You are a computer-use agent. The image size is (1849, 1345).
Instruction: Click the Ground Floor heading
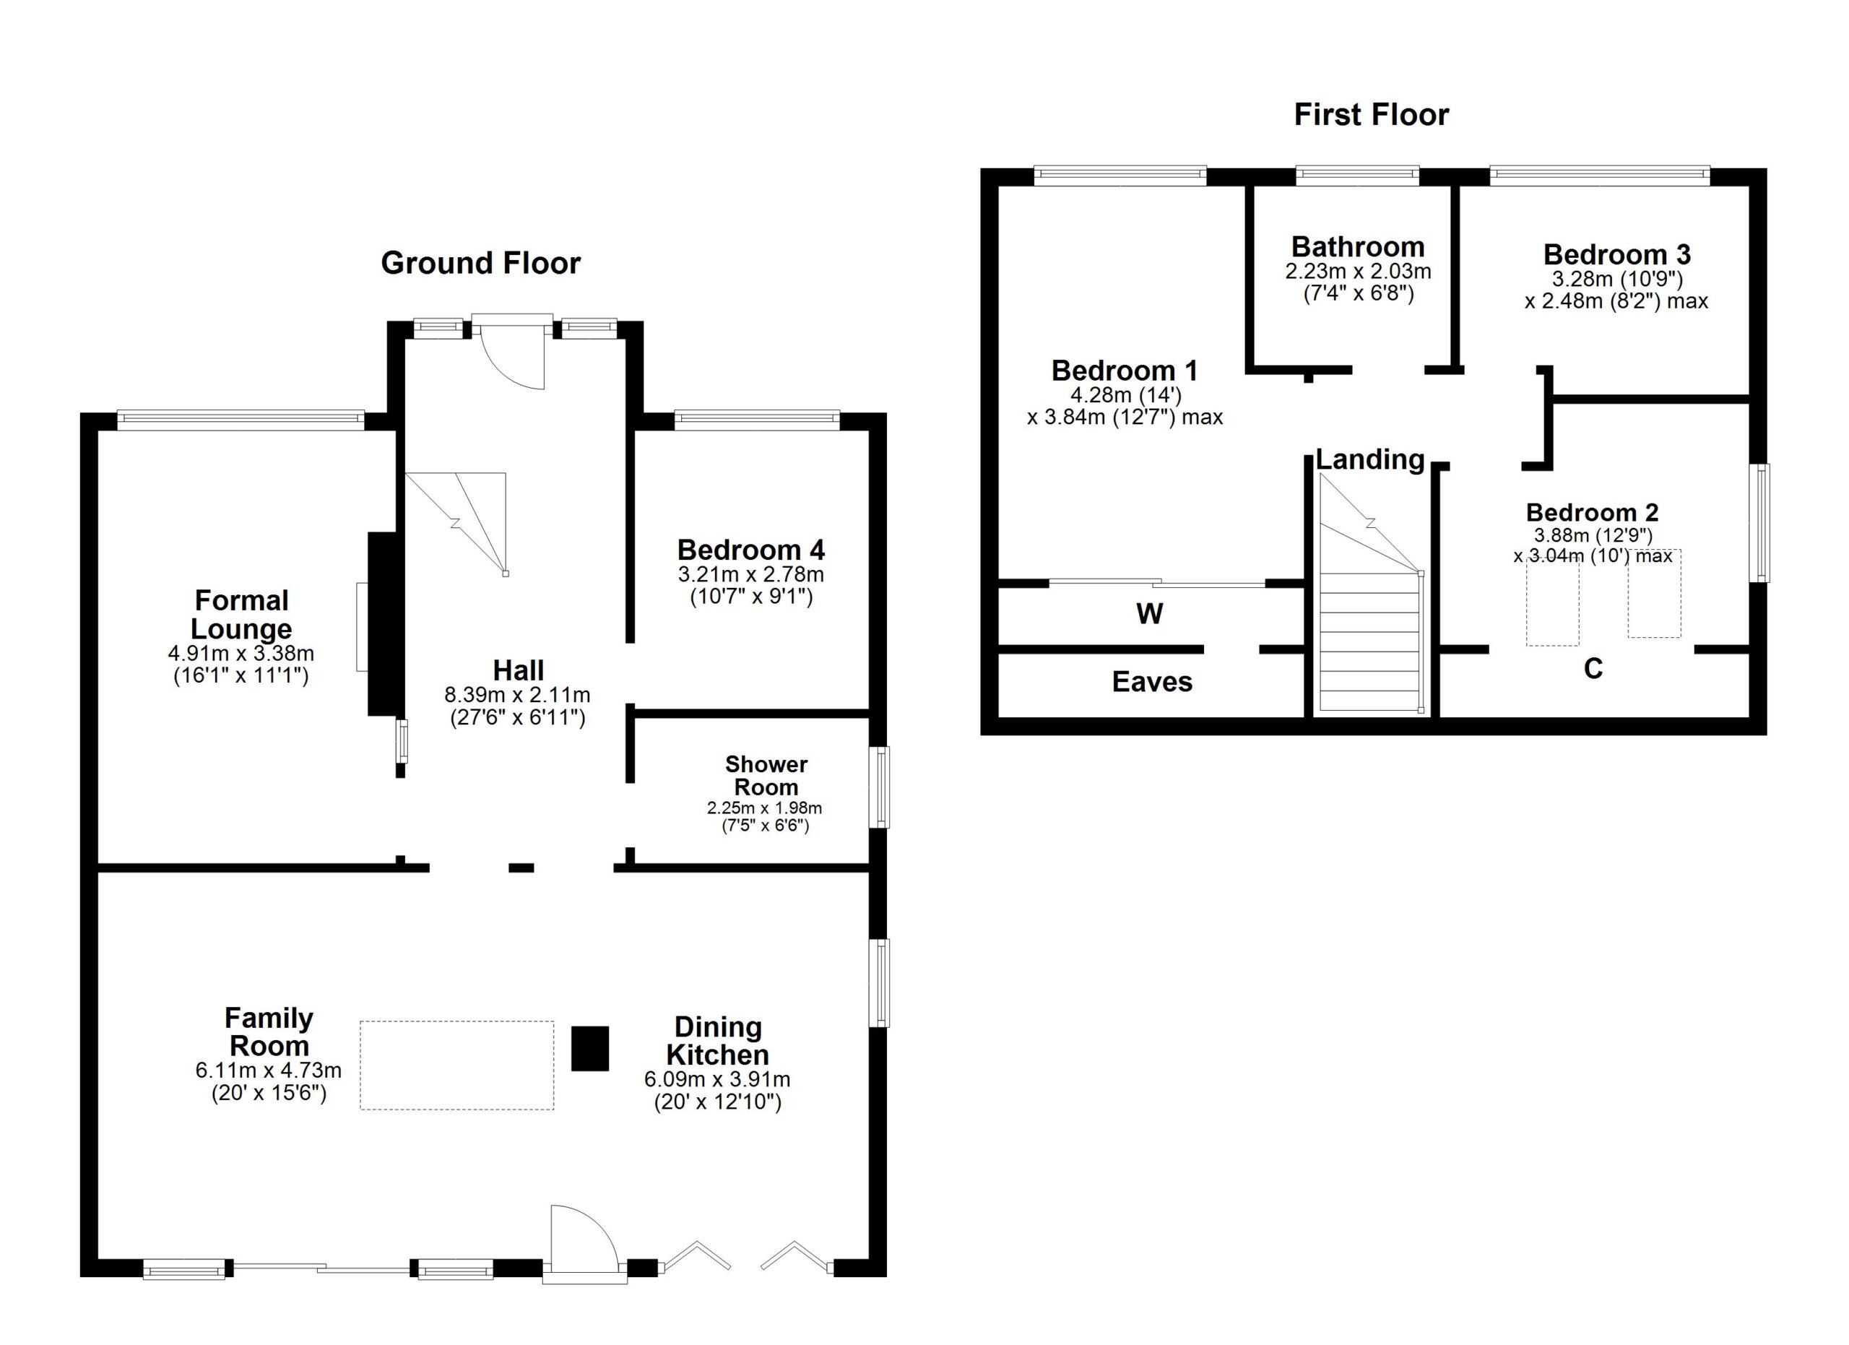coord(480,264)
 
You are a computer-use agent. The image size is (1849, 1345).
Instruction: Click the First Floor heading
coord(1372,115)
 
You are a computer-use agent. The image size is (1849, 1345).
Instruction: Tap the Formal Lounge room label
coord(241,615)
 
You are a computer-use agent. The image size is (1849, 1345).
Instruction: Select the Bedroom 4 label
coord(751,550)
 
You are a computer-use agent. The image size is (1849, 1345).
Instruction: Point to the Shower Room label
coord(766,775)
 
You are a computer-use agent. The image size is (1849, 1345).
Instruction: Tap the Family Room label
coord(269,1032)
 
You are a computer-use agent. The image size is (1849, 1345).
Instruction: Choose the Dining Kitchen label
coord(717,1041)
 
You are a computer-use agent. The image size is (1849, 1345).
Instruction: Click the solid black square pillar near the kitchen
coord(589,1048)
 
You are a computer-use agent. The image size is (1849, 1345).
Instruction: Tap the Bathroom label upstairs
coord(1357,246)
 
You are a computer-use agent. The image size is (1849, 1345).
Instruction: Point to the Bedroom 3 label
coord(1616,254)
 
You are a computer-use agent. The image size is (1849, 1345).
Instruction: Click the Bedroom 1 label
coord(1125,371)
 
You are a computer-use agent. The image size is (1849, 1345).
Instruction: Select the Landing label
coord(1369,459)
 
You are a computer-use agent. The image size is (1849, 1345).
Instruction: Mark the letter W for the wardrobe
coord(1150,614)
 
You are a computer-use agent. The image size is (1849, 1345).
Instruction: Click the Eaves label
coord(1152,681)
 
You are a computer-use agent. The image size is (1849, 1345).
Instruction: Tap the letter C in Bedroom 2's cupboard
coord(1593,668)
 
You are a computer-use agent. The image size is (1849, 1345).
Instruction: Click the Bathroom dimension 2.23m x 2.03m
coord(1358,272)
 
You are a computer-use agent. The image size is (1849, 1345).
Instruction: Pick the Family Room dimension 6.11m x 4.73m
coord(268,1071)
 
